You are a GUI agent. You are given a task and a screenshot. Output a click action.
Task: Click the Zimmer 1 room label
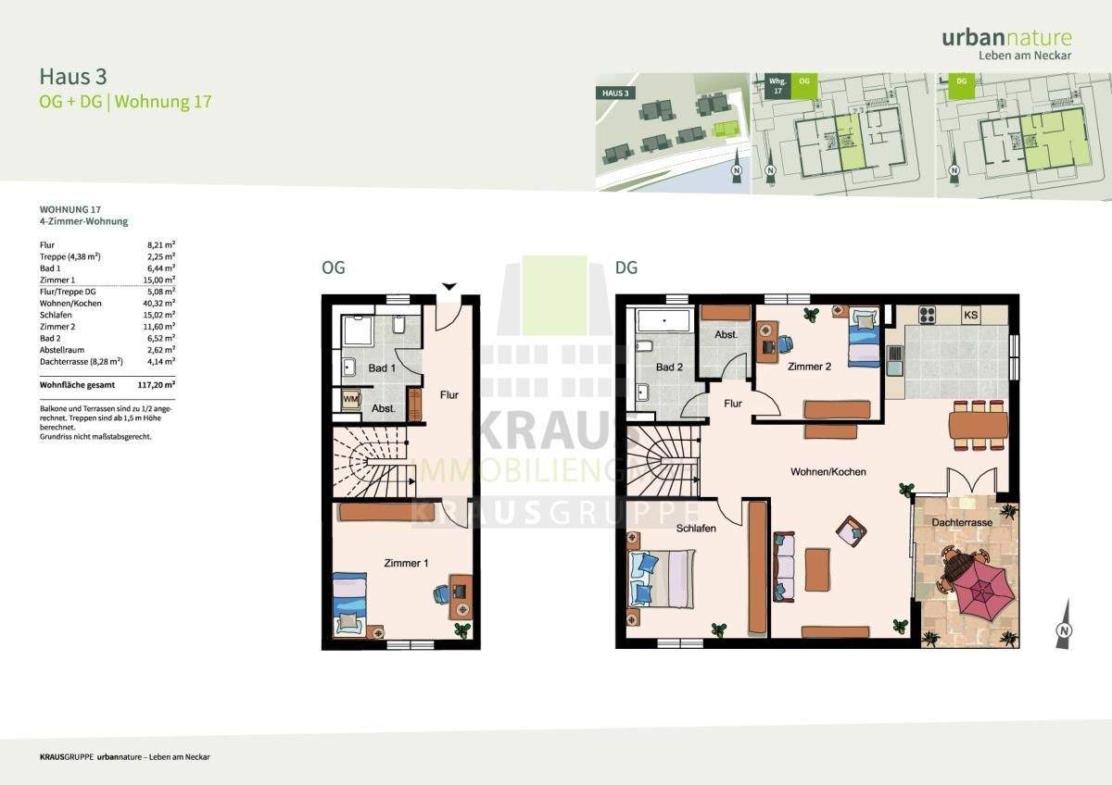pyautogui.click(x=406, y=562)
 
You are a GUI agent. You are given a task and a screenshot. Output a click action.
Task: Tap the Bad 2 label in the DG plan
pyautogui.click(x=669, y=368)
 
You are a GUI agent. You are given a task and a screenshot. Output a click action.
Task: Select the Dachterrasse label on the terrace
pyautogui.click(x=963, y=523)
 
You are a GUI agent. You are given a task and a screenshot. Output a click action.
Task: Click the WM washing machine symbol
pyautogui.click(x=350, y=399)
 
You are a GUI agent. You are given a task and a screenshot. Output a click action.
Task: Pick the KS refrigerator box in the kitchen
pyautogui.click(x=971, y=316)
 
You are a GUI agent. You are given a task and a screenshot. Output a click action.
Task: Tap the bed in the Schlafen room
pyautogui.click(x=662, y=576)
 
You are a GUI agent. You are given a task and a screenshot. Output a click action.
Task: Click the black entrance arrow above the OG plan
pyautogui.click(x=449, y=286)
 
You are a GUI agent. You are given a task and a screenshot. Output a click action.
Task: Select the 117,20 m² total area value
pyautogui.click(x=158, y=382)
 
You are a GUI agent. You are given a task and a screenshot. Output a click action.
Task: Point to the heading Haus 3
pyautogui.click(x=67, y=76)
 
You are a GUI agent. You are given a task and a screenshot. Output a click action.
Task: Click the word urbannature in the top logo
pyautogui.click(x=1006, y=38)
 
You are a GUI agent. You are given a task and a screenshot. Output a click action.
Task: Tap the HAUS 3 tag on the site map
pyautogui.click(x=615, y=93)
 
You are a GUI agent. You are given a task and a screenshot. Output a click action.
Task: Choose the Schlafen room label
pyautogui.click(x=695, y=528)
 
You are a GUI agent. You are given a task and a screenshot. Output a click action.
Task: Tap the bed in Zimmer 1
pyautogui.click(x=350, y=604)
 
